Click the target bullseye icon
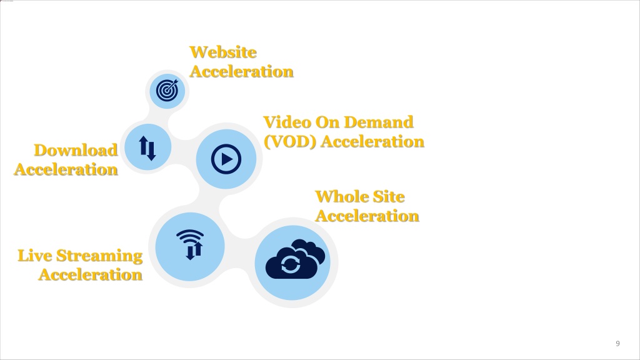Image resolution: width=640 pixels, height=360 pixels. pos(167,90)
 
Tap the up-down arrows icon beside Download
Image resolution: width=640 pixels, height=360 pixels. pos(147,147)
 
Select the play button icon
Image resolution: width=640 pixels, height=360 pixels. pos(226,159)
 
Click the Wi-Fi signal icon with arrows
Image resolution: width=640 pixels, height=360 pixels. pos(190,244)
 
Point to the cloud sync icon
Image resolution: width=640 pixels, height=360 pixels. pos(295,259)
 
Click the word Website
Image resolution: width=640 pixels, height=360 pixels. pos(223,52)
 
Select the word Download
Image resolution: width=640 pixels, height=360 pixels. pos(76,150)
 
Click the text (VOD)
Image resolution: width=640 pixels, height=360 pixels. pos(290,142)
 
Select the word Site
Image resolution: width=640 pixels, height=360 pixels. pos(389,197)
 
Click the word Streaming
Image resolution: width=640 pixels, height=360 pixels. pos(99,256)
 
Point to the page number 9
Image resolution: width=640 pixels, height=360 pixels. pos(617,343)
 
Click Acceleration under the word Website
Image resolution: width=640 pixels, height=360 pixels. pos(242,71)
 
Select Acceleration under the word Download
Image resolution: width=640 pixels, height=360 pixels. pos(66,169)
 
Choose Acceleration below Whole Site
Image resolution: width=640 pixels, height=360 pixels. pos(367,216)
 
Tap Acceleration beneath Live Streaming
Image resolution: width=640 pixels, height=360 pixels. pos(91,275)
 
